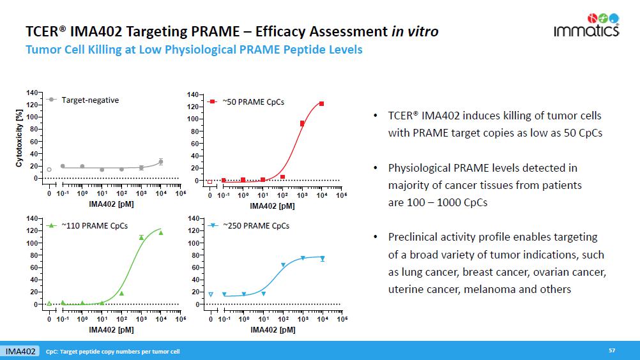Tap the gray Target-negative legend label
pos(90,100)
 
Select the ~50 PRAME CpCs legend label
pos(253,101)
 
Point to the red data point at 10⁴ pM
pos(322,103)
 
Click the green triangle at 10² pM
pos(121,293)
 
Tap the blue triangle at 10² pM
pos(283,265)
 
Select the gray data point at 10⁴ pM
pos(161,162)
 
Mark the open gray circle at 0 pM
pos(49,170)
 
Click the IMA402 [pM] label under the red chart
pos(272,206)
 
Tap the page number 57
pos(612,350)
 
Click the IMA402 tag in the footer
pos(20,352)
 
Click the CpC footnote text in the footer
pos(113,352)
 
